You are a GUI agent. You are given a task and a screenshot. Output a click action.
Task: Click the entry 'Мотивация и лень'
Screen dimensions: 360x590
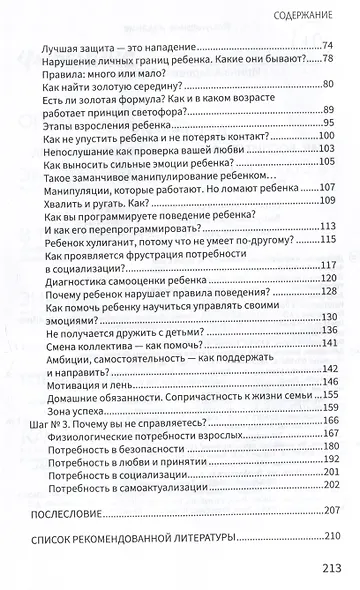[x=91, y=355]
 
